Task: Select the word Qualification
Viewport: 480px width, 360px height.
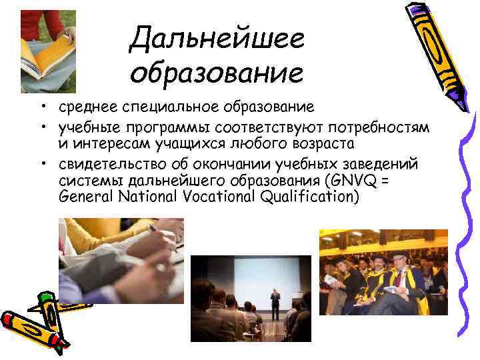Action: (x=314, y=196)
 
